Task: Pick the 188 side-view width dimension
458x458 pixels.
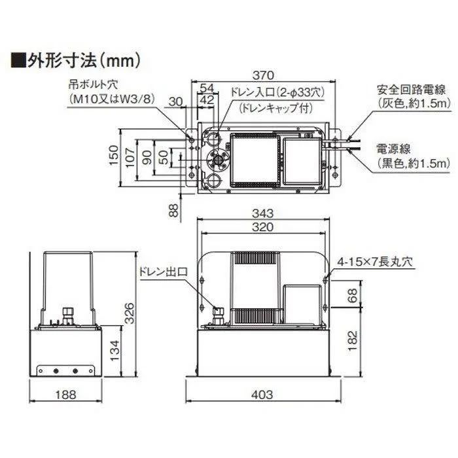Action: pyautogui.click(x=66, y=395)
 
